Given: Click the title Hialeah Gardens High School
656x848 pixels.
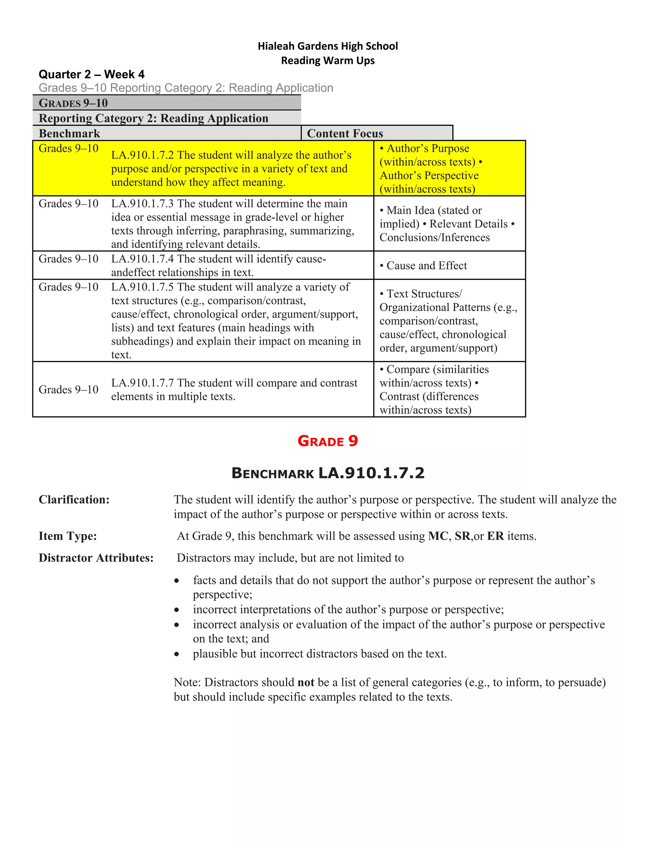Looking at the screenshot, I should tap(328, 46).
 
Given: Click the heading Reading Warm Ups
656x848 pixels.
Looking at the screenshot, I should tap(328, 60).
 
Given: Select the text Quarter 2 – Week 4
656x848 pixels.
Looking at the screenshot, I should tap(91, 74).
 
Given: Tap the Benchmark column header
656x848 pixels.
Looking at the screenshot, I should tap(70, 133).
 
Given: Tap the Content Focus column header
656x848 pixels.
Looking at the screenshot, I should tap(345, 133).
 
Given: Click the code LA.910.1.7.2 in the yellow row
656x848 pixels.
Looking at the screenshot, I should tap(143, 155).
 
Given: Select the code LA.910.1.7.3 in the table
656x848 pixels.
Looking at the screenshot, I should tap(143, 204).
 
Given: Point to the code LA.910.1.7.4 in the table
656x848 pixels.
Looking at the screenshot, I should tap(143, 259).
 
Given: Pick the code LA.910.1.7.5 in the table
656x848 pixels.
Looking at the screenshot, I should tap(143, 287).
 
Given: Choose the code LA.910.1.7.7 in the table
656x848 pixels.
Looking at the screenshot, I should tap(143, 383).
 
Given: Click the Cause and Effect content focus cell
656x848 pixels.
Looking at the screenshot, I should tap(426, 266).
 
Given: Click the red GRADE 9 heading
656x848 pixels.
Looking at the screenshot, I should tap(328, 441).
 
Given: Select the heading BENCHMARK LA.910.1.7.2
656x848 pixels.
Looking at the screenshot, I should tap(328, 473).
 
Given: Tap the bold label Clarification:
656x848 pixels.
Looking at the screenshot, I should tap(74, 500).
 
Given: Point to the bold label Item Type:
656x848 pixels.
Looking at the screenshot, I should tap(68, 536).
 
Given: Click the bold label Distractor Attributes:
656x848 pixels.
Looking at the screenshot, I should tap(96, 558).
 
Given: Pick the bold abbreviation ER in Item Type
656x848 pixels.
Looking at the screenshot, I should tap(496, 536).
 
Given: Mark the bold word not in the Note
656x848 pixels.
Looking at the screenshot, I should tap(306, 683).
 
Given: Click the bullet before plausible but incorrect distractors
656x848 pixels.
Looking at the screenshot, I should tap(177, 654).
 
